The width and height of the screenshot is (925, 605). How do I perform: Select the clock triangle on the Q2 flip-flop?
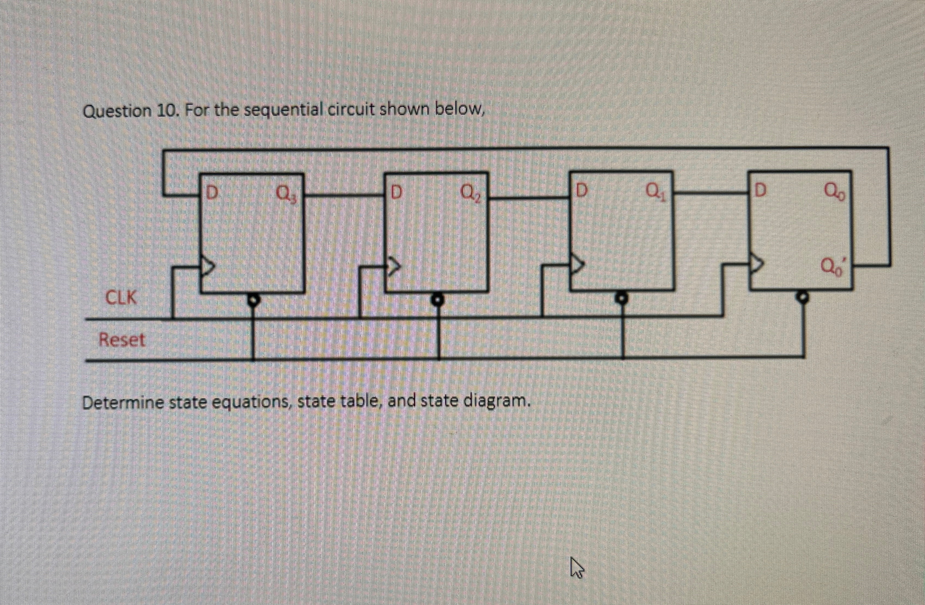[393, 265]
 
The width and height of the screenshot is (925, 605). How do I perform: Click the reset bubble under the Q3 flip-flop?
[254, 300]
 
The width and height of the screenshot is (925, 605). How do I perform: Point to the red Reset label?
[122, 340]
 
